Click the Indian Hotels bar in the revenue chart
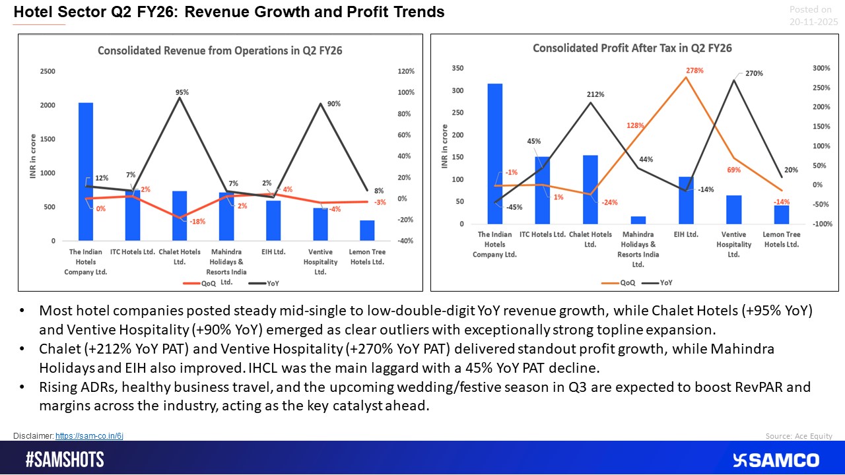click(x=86, y=172)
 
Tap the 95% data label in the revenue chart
click(x=182, y=93)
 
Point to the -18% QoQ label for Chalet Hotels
click(x=197, y=222)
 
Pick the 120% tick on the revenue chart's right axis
click(x=405, y=71)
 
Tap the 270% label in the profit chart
click(x=754, y=73)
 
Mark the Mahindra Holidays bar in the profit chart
click(x=638, y=220)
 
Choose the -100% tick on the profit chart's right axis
click(x=823, y=224)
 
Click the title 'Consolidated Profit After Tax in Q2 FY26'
click(x=632, y=48)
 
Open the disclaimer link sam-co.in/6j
click(x=89, y=436)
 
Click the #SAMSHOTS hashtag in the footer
click(x=65, y=460)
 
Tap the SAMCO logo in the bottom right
click(x=775, y=460)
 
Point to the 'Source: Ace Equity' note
click(x=799, y=436)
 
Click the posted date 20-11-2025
click(x=813, y=22)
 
